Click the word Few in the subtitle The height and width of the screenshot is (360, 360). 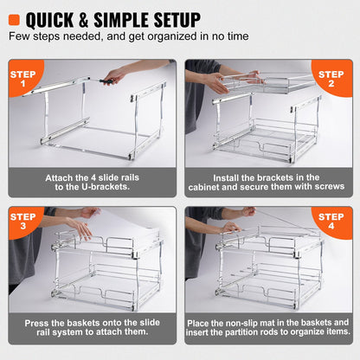pos(20,37)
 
